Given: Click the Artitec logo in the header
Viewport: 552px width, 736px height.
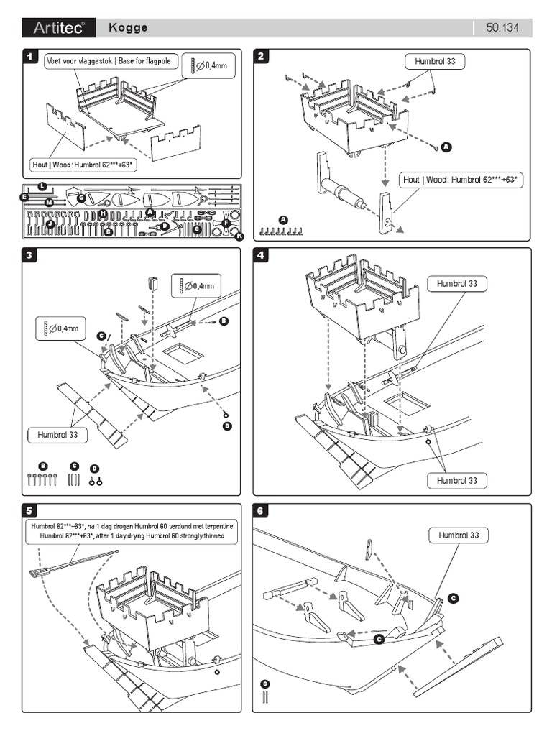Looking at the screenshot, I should click(x=58, y=28).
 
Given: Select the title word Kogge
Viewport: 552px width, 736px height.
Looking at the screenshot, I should click(x=128, y=28).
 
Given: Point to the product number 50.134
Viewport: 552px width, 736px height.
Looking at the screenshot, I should click(x=503, y=28).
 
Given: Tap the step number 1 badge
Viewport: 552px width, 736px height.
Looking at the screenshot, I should click(x=29, y=55).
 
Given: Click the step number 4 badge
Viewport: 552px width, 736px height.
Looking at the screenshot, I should click(x=261, y=254).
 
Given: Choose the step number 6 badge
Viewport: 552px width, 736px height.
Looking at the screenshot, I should click(x=261, y=511).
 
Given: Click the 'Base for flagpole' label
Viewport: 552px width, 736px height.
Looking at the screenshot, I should click(x=144, y=62).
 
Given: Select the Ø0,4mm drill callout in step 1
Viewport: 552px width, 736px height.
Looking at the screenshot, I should click(x=209, y=65).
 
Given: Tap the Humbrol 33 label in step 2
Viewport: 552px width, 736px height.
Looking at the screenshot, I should click(x=435, y=62).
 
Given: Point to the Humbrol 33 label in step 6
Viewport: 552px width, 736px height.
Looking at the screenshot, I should click(x=459, y=535).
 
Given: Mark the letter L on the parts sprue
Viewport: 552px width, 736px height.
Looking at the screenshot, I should click(x=42, y=188).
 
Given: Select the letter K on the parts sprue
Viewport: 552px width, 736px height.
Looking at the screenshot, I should click(x=239, y=236).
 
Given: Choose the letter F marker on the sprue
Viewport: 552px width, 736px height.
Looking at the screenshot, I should click(x=226, y=224).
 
